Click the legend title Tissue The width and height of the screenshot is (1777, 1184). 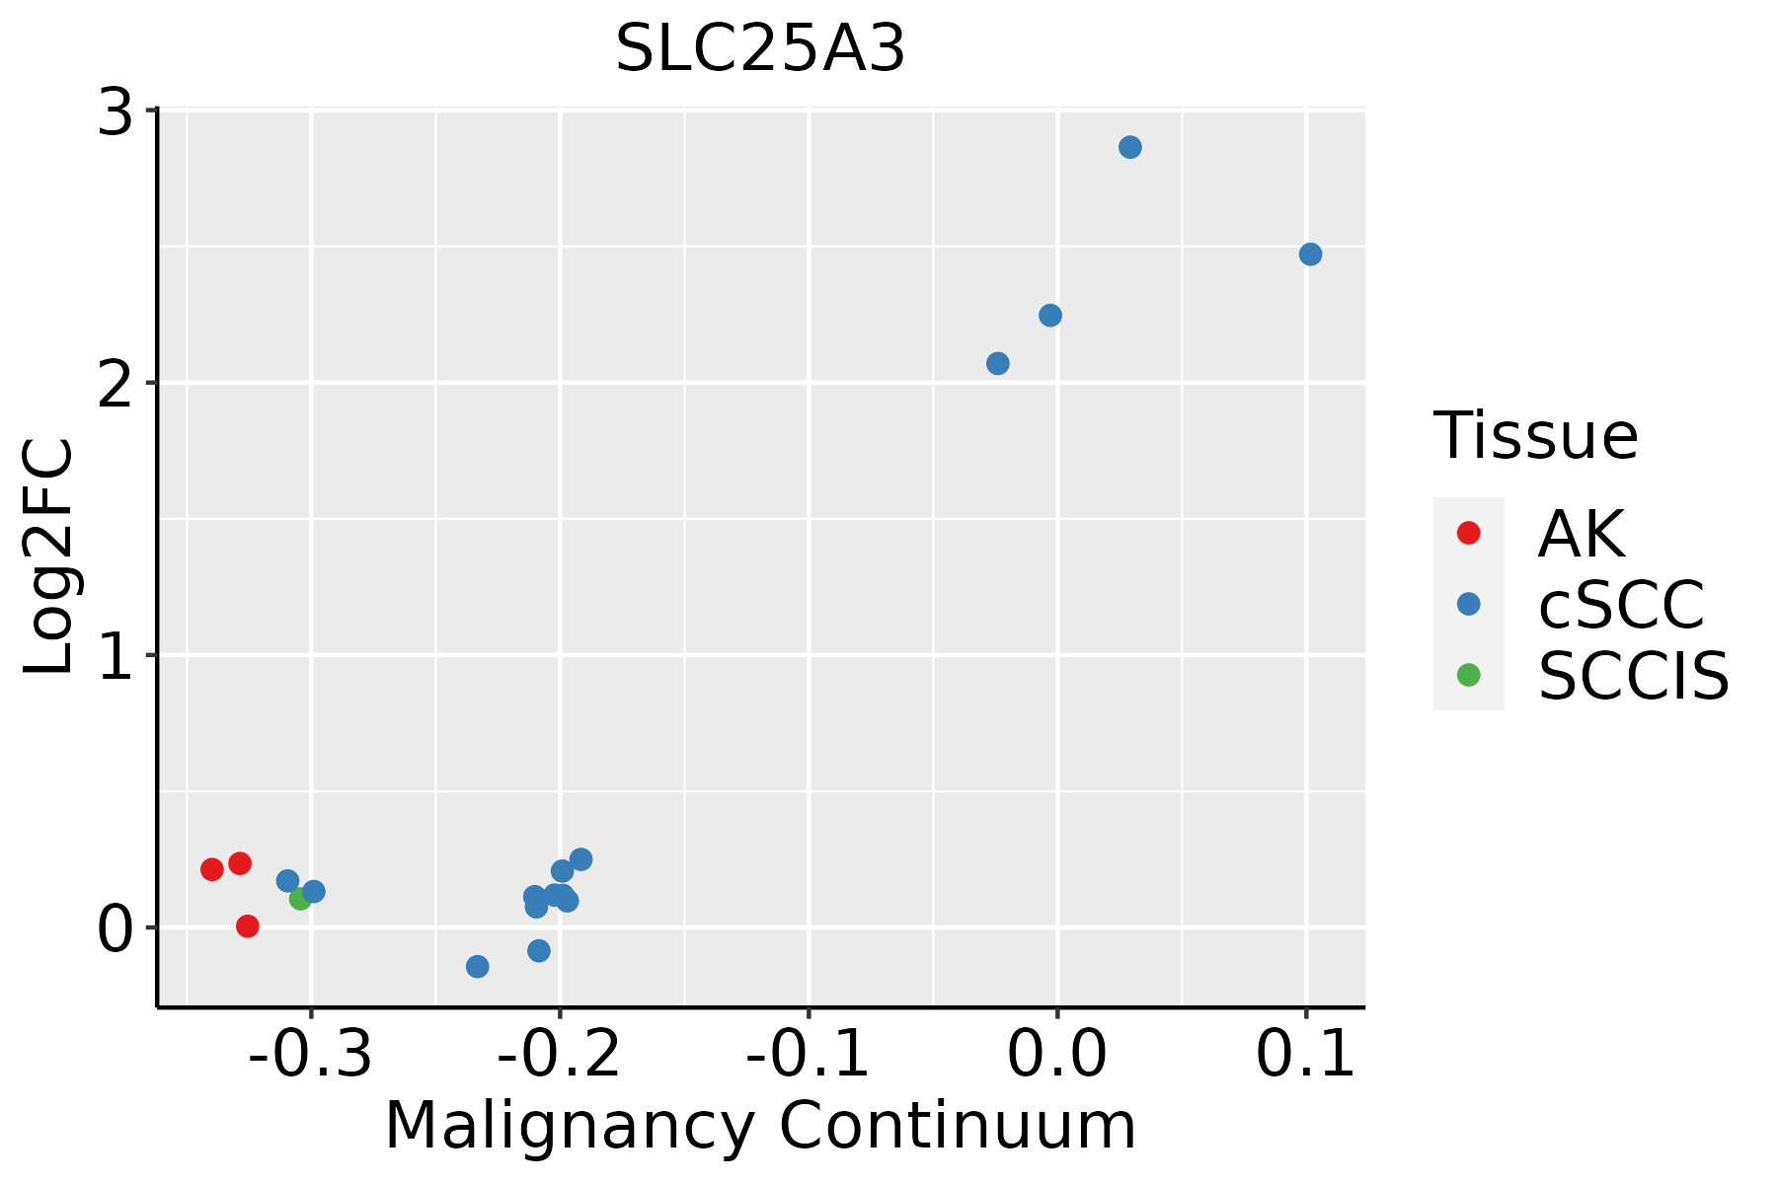1535,436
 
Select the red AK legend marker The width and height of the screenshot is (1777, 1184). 1468,533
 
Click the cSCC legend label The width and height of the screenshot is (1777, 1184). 1621,605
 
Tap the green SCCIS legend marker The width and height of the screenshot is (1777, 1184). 1468,676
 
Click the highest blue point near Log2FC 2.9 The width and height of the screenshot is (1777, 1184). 1130,147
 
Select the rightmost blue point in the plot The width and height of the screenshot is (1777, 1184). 1310,255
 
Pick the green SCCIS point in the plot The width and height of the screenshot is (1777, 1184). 300,899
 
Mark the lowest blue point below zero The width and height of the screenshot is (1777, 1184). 477,966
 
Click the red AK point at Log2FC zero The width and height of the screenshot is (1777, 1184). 248,926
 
